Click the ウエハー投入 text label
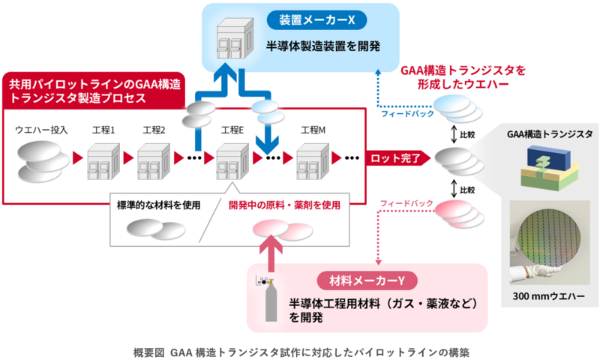(42, 129)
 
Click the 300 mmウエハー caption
(547, 317)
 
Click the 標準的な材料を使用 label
(158, 205)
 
